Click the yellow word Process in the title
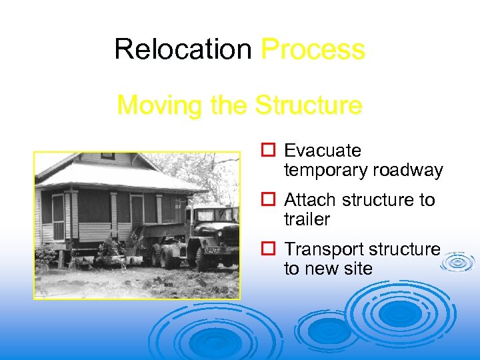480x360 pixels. tap(313, 49)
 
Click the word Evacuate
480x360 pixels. tap(322, 151)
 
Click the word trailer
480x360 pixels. tap(307, 219)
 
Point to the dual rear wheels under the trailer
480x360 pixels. tap(164, 255)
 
